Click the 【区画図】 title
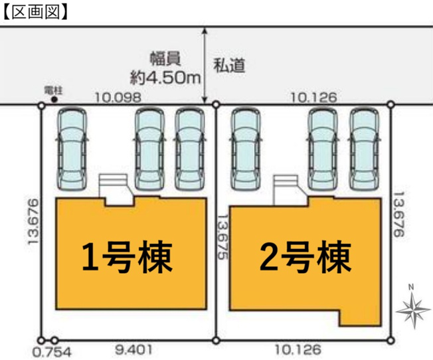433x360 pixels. tap(35, 13)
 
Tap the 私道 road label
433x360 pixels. tap(229, 66)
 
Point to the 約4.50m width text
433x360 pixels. tap(165, 78)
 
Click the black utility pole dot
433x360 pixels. tap(54, 100)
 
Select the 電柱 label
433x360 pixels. tap(53, 90)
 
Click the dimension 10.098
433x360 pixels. tap(118, 97)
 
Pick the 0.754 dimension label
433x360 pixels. tap(52, 352)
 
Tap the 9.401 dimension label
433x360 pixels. tap(133, 350)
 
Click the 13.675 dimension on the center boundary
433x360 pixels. tap(222, 237)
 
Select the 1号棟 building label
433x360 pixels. tap(127, 257)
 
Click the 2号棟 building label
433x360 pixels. tap(305, 256)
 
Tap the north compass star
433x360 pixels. tap(413, 310)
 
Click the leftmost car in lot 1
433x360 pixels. tap(72, 149)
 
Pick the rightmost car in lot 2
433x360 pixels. tap(364, 149)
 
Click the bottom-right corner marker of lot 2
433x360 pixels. tap(390, 340)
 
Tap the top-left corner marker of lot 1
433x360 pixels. tap(41, 106)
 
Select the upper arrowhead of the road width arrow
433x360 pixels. tap(205, 31)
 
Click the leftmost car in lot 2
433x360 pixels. tap(245, 149)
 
